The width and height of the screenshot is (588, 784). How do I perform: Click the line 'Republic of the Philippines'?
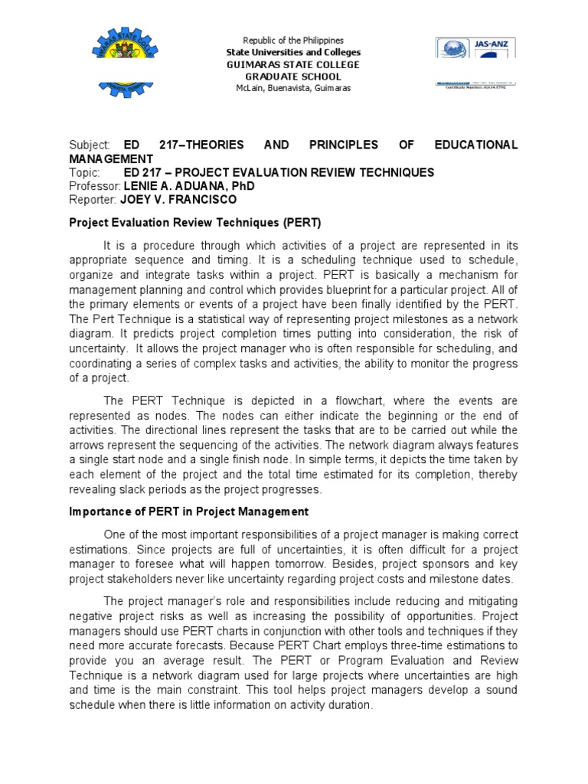pyautogui.click(x=293, y=40)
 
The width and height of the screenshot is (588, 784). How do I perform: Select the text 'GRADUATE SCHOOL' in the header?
pyautogui.click(x=293, y=77)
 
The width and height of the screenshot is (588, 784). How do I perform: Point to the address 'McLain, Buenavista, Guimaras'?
pyautogui.click(x=293, y=89)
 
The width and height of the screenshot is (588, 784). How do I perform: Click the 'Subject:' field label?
pyautogui.click(x=90, y=145)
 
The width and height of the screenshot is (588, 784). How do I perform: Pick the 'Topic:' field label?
pyautogui.click(x=84, y=172)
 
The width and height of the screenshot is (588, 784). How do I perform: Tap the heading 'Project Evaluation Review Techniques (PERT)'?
pyautogui.click(x=195, y=223)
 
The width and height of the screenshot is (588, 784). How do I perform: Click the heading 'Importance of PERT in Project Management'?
pyautogui.click(x=189, y=511)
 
